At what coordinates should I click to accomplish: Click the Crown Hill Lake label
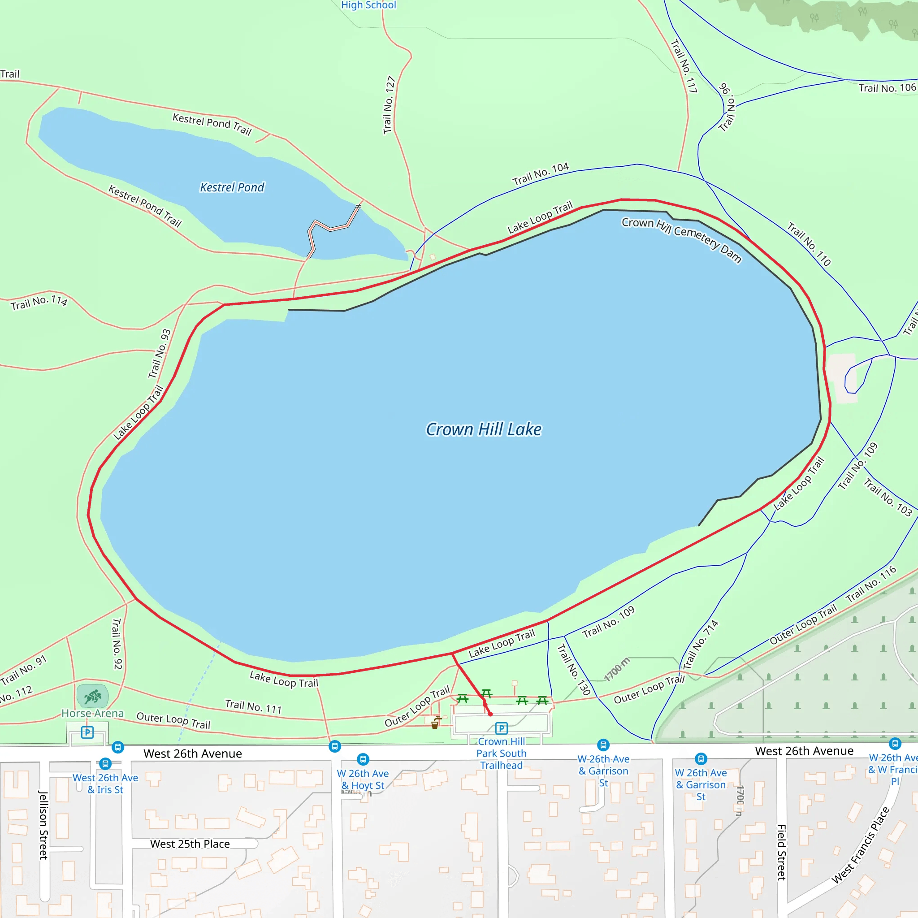[483, 429]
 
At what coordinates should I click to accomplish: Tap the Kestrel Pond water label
[232, 187]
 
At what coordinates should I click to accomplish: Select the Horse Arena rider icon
[93, 697]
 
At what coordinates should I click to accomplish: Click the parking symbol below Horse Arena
[87, 732]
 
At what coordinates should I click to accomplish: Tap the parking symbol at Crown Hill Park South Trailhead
[501, 728]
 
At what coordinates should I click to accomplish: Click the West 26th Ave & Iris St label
[105, 784]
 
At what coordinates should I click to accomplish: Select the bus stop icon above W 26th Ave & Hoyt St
[363, 759]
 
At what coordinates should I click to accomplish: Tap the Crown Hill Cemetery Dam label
[681, 240]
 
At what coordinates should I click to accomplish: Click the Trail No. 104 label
[540, 174]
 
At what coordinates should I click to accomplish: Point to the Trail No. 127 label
[390, 105]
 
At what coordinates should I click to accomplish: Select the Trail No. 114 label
[39, 302]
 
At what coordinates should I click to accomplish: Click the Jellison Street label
[43, 825]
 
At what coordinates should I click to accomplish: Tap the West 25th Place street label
[190, 844]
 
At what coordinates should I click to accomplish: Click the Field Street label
[782, 853]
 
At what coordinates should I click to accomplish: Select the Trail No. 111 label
[253, 706]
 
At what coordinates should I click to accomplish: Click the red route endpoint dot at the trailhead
[490, 714]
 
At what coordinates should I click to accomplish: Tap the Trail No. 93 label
[159, 354]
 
